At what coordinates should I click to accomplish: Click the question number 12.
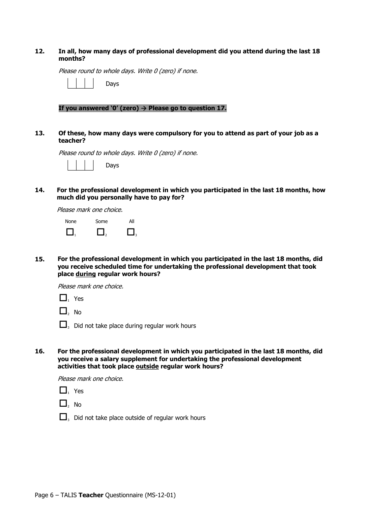tap(39, 51)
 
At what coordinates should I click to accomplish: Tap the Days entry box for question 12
tap(80, 84)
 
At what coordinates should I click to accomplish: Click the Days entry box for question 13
tap(80, 165)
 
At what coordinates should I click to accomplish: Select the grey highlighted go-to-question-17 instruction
tap(142, 108)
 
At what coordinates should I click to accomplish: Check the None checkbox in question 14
tap(70, 232)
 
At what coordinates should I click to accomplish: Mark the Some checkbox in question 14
tap(100, 232)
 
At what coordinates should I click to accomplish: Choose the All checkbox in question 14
tap(131, 232)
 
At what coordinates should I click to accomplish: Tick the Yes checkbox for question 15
tap(63, 298)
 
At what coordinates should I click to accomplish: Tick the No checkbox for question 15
tap(63, 311)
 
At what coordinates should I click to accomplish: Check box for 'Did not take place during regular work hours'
tap(63, 324)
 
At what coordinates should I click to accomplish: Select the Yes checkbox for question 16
tap(63, 390)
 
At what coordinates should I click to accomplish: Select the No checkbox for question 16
tap(63, 403)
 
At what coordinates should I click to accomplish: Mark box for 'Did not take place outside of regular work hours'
tap(63, 417)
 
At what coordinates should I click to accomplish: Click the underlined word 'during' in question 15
tap(85, 274)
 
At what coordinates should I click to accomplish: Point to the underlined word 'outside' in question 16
tap(147, 367)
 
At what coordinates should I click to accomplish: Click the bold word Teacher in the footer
tap(91, 495)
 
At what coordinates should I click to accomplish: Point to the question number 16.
tap(39, 351)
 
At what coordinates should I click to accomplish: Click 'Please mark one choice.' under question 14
tap(90, 210)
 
